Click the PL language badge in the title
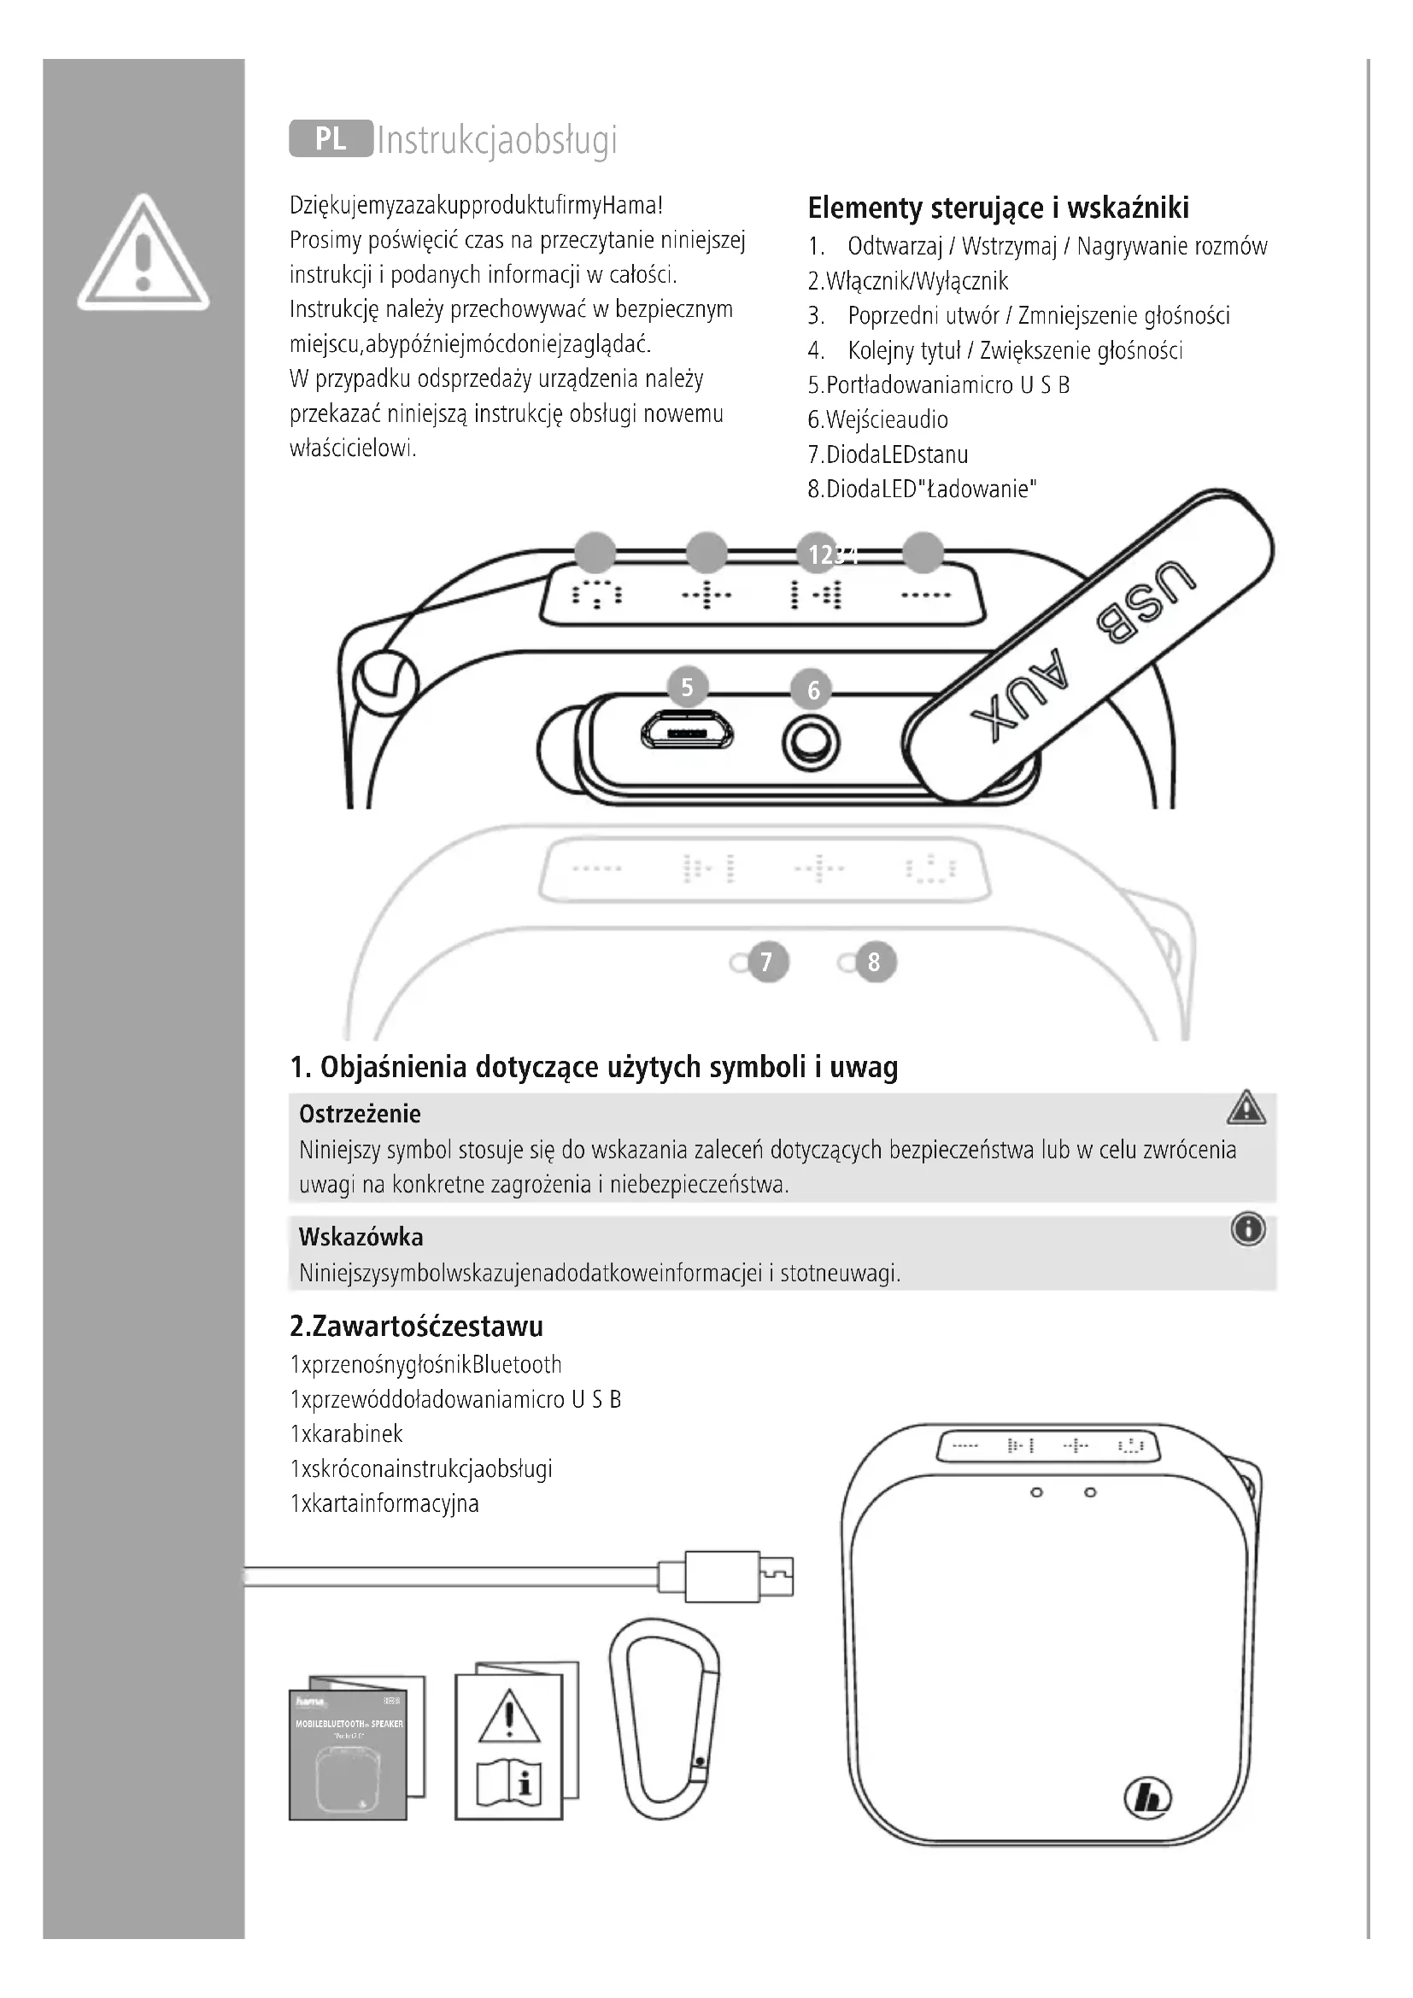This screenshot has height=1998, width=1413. (331, 138)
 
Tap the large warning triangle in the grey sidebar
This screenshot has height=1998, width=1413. (144, 253)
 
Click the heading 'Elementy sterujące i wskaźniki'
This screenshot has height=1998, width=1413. (998, 208)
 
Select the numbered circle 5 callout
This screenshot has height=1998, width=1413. (688, 688)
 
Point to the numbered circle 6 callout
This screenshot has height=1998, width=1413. (813, 691)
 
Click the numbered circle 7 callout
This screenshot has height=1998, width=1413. (766, 963)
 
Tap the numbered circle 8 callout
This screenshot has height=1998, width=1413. (875, 963)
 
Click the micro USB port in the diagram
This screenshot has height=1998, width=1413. (688, 732)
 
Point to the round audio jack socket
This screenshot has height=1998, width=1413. (812, 742)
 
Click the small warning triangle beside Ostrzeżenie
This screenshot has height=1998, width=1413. (1246, 1109)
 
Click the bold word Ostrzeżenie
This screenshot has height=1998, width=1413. (361, 1114)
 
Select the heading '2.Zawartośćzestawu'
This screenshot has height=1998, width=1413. (416, 1327)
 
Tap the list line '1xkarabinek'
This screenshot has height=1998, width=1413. (346, 1434)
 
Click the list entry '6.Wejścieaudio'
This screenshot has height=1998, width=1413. (878, 420)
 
